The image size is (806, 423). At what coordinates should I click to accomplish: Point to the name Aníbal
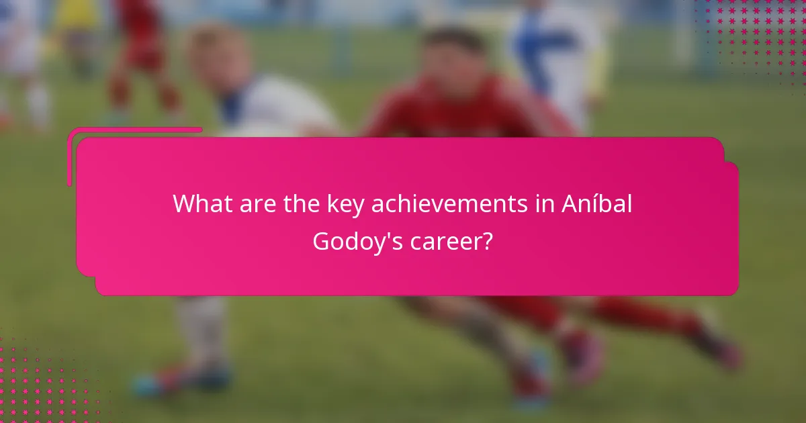597,204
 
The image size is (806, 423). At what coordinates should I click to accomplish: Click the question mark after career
488,241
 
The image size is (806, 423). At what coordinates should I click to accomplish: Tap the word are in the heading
259,204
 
